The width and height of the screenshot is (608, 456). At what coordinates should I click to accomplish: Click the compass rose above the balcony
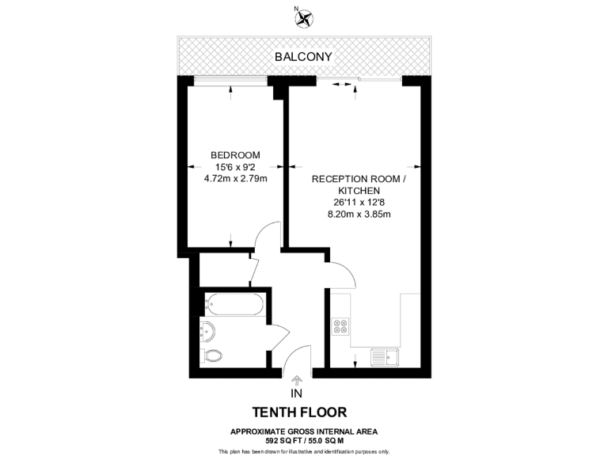pyautogui.click(x=304, y=17)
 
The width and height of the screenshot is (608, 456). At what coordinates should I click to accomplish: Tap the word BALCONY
pyautogui.click(x=303, y=57)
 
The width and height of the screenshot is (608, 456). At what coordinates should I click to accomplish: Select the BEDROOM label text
pyautogui.click(x=235, y=154)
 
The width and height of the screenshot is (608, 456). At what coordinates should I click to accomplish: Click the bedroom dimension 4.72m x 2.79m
pyautogui.click(x=235, y=178)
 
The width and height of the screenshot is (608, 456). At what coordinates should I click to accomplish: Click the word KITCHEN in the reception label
pyautogui.click(x=359, y=191)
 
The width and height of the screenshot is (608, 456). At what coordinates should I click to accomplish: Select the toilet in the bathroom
pyautogui.click(x=211, y=355)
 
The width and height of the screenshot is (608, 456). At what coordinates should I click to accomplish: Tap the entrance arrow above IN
pyautogui.click(x=297, y=381)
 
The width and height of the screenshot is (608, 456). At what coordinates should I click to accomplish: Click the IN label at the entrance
pyautogui.click(x=297, y=394)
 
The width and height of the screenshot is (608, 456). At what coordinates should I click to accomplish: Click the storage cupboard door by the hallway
pyautogui.click(x=253, y=272)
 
